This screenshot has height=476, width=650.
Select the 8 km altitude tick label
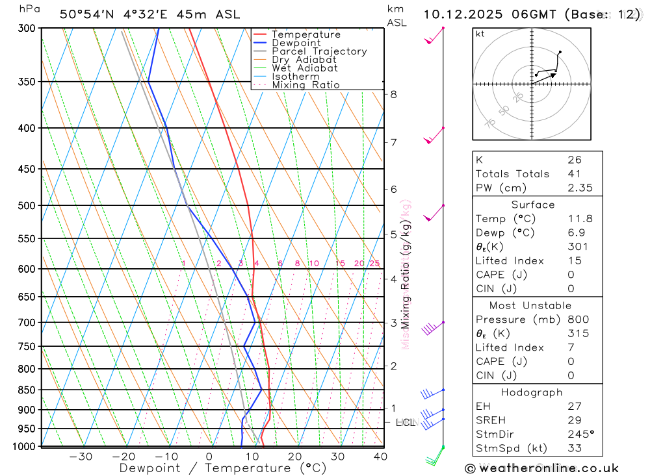(x=393, y=94)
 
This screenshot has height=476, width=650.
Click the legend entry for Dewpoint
(x=296, y=43)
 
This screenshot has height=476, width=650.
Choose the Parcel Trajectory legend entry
(x=318, y=51)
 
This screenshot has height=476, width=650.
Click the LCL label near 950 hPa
(x=405, y=423)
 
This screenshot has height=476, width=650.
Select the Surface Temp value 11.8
(x=580, y=219)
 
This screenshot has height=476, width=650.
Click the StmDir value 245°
(x=578, y=434)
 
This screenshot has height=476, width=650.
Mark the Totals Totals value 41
(x=574, y=174)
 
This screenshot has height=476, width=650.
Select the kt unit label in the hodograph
(x=480, y=34)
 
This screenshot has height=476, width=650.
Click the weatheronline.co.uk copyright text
(x=542, y=468)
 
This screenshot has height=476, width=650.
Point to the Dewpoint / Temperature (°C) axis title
(x=223, y=468)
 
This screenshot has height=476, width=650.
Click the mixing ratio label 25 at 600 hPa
(x=374, y=263)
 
